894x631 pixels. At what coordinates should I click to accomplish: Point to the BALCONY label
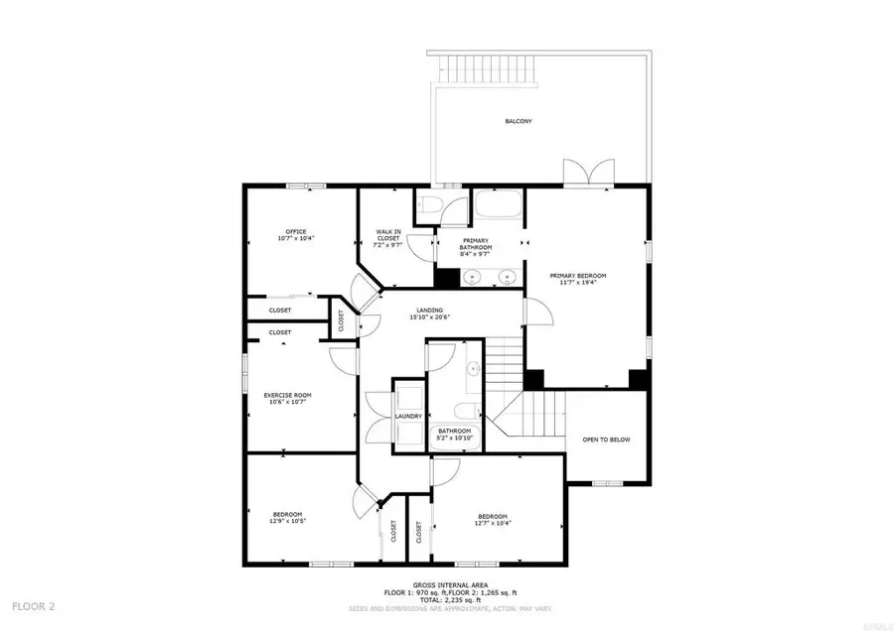pos(518,121)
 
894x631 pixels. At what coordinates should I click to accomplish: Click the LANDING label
pos(429,311)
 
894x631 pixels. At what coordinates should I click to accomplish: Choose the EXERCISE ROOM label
pos(287,395)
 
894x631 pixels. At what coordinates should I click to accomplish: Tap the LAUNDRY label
pos(408,416)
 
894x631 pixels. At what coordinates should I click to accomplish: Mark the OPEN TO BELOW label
pos(606,440)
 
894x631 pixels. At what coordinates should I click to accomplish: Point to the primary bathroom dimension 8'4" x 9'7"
pos(478,253)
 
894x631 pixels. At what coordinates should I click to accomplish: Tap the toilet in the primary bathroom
pos(430,204)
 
